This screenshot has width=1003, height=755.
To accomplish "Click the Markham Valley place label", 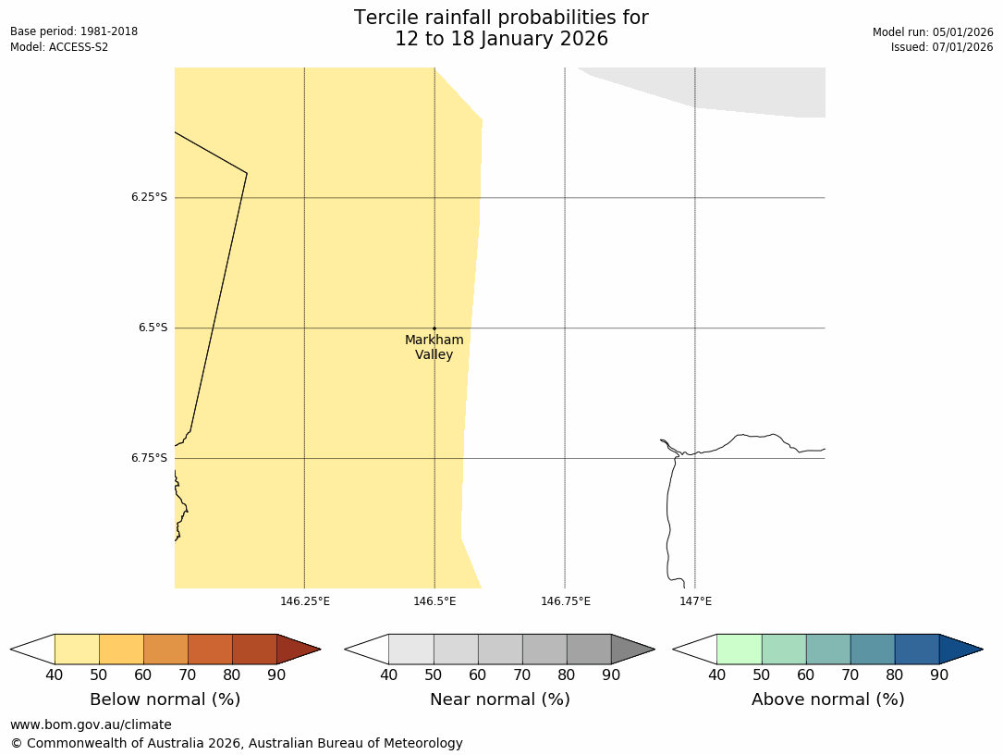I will pyautogui.click(x=434, y=347).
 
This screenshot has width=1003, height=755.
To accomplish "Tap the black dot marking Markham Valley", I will pyautogui.click(x=434, y=328).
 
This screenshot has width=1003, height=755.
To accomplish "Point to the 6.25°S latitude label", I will pyautogui.click(x=149, y=197).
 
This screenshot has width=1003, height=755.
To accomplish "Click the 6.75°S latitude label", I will pyautogui.click(x=149, y=458).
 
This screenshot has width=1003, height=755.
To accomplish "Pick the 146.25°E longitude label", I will pyautogui.click(x=305, y=601).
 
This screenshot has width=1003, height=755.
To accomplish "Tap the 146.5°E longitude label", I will pyautogui.click(x=434, y=601).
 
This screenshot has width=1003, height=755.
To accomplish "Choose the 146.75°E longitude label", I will pyautogui.click(x=566, y=601).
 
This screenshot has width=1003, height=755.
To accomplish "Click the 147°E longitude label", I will pyautogui.click(x=695, y=601).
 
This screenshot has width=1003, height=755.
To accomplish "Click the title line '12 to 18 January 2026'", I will pyautogui.click(x=501, y=39).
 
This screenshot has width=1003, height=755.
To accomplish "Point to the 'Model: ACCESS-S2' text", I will pyautogui.click(x=59, y=47).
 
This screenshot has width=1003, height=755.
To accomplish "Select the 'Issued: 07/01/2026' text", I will pyautogui.click(x=942, y=47).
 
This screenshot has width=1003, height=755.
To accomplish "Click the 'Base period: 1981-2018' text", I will pyautogui.click(x=74, y=31).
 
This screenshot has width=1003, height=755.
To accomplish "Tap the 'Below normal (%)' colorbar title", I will pyautogui.click(x=165, y=699).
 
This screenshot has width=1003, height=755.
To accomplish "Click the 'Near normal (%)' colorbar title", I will pyautogui.click(x=499, y=699).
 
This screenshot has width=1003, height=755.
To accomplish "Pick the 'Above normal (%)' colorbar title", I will pyautogui.click(x=827, y=699).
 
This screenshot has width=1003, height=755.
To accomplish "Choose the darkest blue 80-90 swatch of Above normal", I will pyautogui.click(x=916, y=649).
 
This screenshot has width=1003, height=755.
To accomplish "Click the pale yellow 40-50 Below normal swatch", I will pyautogui.click(x=77, y=649).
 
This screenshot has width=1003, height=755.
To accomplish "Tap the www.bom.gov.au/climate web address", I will pyautogui.click(x=91, y=724).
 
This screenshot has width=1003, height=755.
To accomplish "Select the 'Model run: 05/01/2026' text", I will pyautogui.click(x=933, y=31).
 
